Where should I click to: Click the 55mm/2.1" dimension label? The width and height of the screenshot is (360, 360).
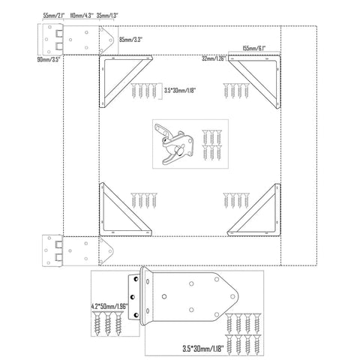click(54, 15)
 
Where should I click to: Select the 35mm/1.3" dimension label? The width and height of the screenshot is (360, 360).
click(107, 15)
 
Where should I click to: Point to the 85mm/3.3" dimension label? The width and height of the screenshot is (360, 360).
click(130, 40)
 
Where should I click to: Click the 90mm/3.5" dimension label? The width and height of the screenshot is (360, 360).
click(49, 59)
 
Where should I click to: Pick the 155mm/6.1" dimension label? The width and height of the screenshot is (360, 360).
click(254, 48)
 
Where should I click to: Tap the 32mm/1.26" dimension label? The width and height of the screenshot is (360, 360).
click(214, 58)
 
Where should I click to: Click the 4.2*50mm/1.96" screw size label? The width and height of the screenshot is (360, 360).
click(109, 306)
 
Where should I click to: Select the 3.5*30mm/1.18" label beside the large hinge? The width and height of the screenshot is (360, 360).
click(203, 349)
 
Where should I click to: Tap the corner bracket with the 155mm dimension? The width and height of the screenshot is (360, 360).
click(254, 82)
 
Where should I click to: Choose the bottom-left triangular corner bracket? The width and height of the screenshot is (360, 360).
click(125, 209)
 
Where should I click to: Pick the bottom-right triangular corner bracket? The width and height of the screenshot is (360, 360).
click(253, 210)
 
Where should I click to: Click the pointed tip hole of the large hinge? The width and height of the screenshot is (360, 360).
click(232, 296)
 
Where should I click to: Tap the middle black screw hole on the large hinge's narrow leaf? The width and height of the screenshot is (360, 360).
click(133, 297)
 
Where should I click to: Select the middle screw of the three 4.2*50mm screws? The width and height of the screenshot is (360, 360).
click(108, 323)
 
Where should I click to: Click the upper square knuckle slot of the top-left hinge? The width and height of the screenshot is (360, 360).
click(59, 33)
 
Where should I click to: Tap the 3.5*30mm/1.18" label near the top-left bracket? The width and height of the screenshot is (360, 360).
click(180, 90)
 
